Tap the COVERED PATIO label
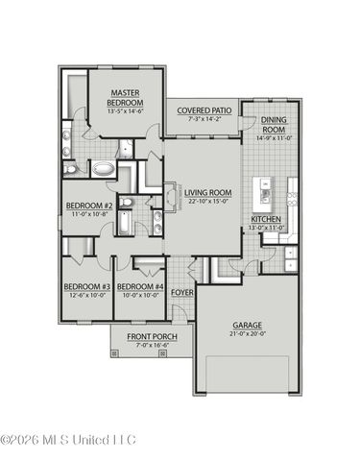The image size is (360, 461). point(201,110)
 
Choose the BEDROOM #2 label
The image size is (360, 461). point(88,206)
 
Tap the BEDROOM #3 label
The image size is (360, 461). point(86,287)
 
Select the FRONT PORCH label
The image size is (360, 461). point(140,336)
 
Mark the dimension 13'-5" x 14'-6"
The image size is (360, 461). point(125,110)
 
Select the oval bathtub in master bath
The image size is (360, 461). point(104,168)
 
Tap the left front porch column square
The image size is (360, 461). point(115,352)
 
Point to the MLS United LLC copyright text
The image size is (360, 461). point(69,441)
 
